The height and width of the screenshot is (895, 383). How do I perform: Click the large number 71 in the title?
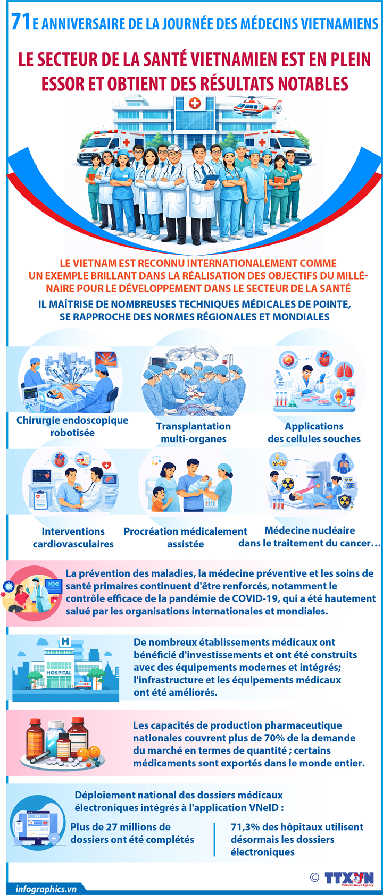pyautogui.click(x=21, y=22)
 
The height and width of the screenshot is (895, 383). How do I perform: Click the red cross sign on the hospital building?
pyautogui.click(x=195, y=103)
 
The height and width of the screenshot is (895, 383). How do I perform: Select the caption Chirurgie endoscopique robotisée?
pyautogui.click(x=72, y=426)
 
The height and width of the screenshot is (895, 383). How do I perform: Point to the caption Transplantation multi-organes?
pyautogui.click(x=194, y=433)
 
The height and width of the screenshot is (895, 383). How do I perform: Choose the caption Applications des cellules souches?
pyautogui.click(x=314, y=433)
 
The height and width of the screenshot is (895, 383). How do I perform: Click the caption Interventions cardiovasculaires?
pyautogui.click(x=73, y=537)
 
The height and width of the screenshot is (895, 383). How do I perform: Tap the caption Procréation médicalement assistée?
pyautogui.click(x=185, y=537)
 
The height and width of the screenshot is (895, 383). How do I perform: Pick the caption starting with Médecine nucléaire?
pyautogui.click(x=310, y=536)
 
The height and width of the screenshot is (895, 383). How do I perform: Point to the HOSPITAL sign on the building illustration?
pyautogui.click(x=59, y=672)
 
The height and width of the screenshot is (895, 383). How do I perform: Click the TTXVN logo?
pyautogui.click(x=349, y=879)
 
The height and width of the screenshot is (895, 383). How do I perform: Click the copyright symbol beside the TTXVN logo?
pyautogui.click(x=314, y=877)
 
